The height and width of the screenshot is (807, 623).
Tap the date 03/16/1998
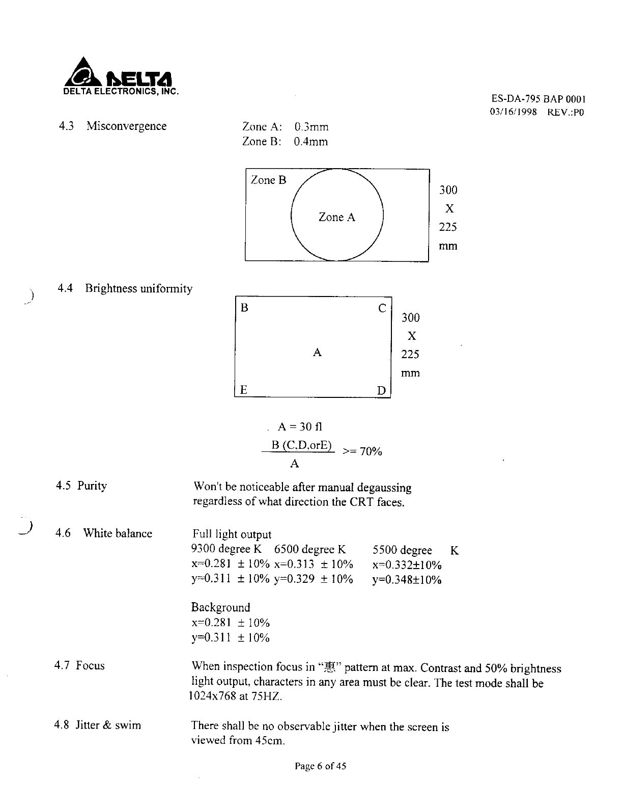(x=513, y=112)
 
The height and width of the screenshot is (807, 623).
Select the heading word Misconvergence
(x=126, y=126)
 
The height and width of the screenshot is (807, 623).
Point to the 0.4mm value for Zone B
(x=310, y=142)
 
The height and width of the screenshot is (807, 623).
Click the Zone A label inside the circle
(x=336, y=218)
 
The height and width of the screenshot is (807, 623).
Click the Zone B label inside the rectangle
(x=268, y=180)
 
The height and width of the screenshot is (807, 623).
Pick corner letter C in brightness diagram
(x=382, y=309)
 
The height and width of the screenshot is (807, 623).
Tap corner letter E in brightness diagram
(x=244, y=390)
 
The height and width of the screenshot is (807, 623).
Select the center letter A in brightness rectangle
(x=317, y=353)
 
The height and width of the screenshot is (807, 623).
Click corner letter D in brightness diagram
(x=381, y=391)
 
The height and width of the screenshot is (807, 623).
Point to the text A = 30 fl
(x=300, y=426)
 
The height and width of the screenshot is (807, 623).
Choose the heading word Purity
(x=92, y=486)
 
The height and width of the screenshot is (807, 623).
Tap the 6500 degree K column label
(x=309, y=549)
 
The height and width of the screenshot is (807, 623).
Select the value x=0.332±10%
(x=407, y=564)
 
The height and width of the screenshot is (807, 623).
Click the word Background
(x=220, y=607)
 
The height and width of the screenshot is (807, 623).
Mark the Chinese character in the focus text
(x=336, y=667)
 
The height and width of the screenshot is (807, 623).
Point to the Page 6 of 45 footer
(x=320, y=766)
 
